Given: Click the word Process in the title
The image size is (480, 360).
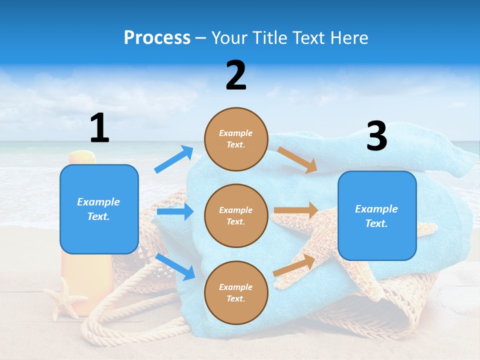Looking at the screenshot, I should [157, 37].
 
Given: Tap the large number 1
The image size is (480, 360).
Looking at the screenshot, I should [99, 128].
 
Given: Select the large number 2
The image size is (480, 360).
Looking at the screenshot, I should [236, 75].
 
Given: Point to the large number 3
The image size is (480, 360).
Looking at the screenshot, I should [376, 136].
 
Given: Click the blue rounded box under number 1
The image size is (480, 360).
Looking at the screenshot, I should [99, 209].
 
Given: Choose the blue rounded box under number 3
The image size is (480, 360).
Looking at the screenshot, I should [377, 215].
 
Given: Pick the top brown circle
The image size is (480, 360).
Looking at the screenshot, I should [236, 139].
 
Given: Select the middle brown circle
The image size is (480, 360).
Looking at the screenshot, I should [236, 215].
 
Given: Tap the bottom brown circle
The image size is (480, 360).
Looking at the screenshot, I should [236, 292].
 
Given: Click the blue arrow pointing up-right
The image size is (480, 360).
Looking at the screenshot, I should [174, 159].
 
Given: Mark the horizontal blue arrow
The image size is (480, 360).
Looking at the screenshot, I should [175, 211].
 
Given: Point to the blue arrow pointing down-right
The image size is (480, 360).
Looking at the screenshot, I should [175, 266].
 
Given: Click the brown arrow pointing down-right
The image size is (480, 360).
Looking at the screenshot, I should [297, 160].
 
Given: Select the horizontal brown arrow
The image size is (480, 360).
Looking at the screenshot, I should [295, 210].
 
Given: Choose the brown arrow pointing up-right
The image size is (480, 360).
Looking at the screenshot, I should [294, 265].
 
